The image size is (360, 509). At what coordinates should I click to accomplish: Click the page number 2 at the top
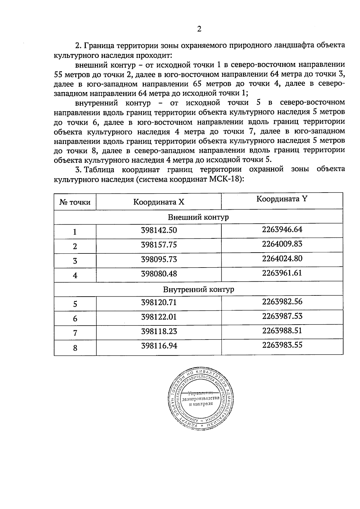tap(199, 29)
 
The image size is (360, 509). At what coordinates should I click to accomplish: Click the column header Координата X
tap(159, 202)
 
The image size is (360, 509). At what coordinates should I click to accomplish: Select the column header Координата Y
tap(282, 199)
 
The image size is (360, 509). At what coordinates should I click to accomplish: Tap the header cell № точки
tap(75, 202)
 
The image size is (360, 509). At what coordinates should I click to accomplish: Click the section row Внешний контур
tap(198, 217)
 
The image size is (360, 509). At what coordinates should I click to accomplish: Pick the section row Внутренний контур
tap(198, 289)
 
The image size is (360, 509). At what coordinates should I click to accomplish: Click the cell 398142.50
tap(159, 230)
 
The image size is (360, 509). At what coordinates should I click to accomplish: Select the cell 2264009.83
tap(282, 244)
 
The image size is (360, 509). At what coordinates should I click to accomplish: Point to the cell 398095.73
tap(159, 259)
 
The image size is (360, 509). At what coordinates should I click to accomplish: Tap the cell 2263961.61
tap(282, 273)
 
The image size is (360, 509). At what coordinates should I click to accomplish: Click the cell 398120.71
tap(159, 302)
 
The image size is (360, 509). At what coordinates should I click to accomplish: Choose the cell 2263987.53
tap(282, 316)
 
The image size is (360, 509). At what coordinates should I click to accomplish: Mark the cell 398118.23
tap(159, 331)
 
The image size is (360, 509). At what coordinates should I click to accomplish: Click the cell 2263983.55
tap(282, 345)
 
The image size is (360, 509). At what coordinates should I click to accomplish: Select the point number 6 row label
tap(75, 319)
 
